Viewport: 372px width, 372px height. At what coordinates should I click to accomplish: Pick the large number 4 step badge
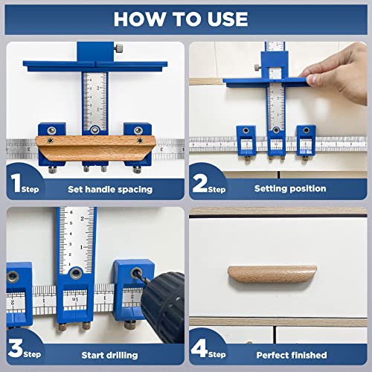[202, 348]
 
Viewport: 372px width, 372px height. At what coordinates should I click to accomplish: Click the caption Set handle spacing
[109, 189]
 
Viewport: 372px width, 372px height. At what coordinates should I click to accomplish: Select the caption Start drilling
[109, 354]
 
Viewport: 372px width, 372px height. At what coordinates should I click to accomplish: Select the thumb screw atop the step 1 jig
[118, 51]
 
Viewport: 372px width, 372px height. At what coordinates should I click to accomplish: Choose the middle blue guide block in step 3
[75, 294]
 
